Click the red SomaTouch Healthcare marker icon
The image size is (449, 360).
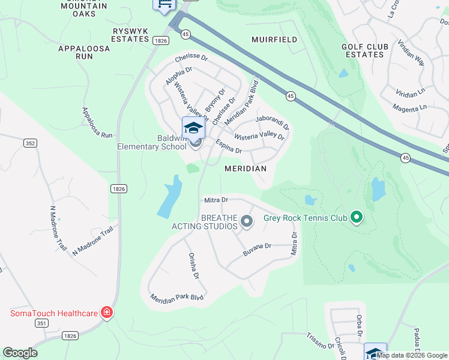pyautogui.click(x=106, y=313)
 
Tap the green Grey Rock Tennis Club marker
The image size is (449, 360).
pyautogui.click(x=357, y=217)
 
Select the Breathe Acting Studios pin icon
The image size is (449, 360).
pyautogui.click(x=247, y=222)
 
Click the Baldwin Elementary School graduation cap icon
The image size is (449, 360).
pyautogui.click(x=193, y=128)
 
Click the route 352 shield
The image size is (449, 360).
pyautogui.click(x=31, y=143)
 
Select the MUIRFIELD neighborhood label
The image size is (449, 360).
pyautogui.click(x=274, y=40)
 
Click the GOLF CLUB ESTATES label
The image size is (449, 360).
pyautogui.click(x=363, y=50)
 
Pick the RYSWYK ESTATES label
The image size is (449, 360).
pyautogui.click(x=130, y=35)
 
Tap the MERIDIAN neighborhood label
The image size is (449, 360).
pyautogui.click(x=246, y=169)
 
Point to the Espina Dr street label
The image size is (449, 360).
pyautogui.click(x=228, y=147)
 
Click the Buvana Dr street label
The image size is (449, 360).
pyautogui.click(x=258, y=250)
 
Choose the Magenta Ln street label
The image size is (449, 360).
pyautogui.click(x=409, y=107)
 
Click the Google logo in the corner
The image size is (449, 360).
pyautogui.click(x=20, y=353)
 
